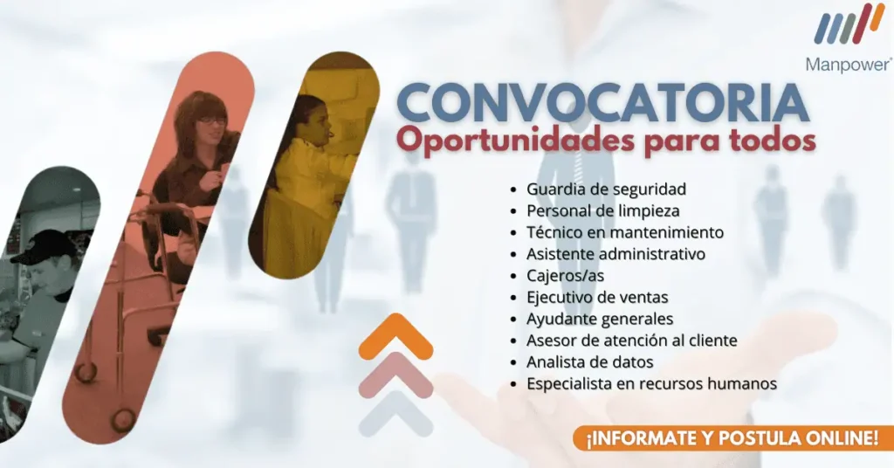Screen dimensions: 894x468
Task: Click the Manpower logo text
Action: point(849,64)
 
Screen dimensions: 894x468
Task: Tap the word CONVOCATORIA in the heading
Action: point(602,104)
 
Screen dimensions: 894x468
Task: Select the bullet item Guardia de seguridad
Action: point(606,189)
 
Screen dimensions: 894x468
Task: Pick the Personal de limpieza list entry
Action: point(602,211)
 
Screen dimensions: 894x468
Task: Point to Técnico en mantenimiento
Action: point(625,232)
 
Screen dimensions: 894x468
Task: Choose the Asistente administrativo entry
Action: point(615,254)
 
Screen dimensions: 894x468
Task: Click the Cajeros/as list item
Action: point(565,276)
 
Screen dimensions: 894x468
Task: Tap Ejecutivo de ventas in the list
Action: point(597,298)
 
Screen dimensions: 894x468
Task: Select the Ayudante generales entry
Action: point(600,320)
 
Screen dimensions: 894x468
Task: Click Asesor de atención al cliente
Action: point(632,341)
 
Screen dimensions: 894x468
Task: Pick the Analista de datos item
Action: point(589,362)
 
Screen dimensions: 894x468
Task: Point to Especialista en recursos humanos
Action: point(651,383)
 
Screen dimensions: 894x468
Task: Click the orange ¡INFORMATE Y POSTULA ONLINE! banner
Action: point(733,438)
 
